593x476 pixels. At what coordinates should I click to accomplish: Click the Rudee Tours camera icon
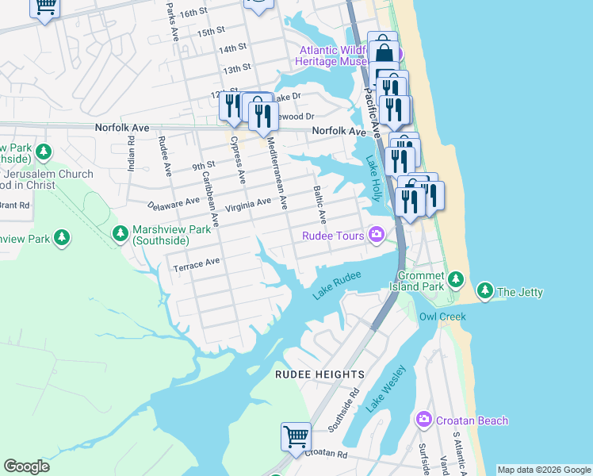coord(376,235)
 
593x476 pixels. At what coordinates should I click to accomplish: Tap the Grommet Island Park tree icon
coord(456,279)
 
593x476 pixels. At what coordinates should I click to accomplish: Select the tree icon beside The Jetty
coord(484,292)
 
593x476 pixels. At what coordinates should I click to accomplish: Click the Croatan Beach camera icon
coord(423,420)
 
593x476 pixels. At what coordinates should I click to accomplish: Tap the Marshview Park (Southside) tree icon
coord(121,233)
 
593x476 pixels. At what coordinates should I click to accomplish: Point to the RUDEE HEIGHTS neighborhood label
coord(319,374)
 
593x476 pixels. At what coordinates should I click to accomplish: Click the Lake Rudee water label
coord(336,285)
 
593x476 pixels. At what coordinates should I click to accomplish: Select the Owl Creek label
coord(442,317)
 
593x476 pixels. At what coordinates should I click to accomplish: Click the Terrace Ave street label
coord(196,263)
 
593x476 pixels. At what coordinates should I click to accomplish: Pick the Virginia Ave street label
coord(248,205)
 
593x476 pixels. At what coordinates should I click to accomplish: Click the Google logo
coord(26,466)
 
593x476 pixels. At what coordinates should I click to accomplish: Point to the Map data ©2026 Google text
coord(543,470)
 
